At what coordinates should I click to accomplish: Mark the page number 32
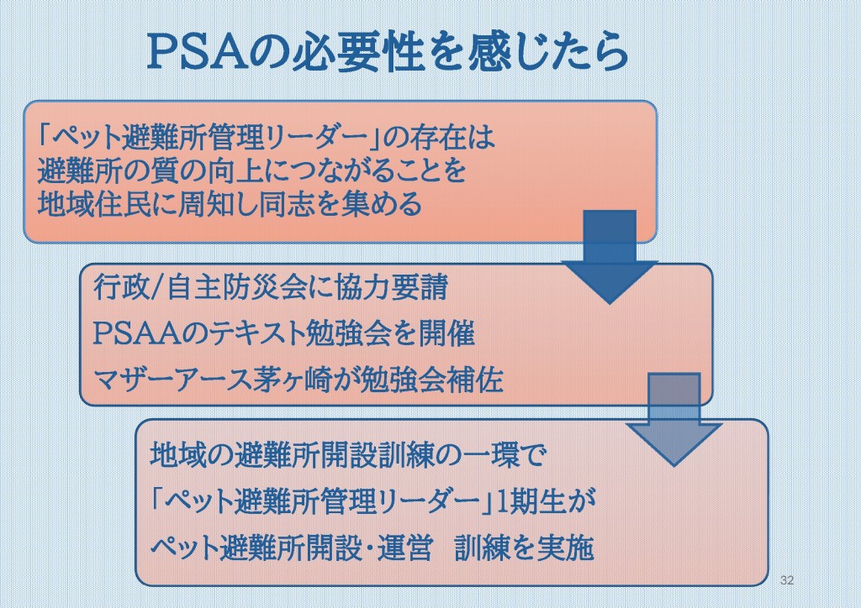(787, 580)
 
